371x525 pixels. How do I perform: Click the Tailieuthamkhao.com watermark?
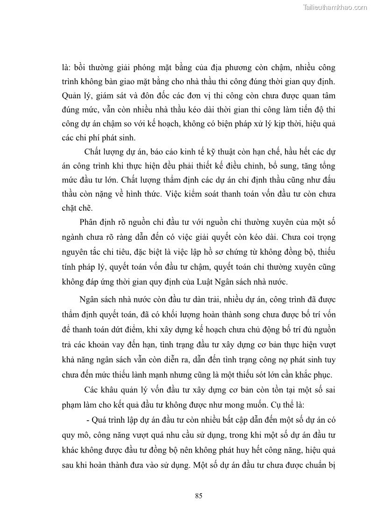335,7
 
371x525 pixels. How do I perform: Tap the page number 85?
199,496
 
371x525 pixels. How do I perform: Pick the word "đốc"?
173,96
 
